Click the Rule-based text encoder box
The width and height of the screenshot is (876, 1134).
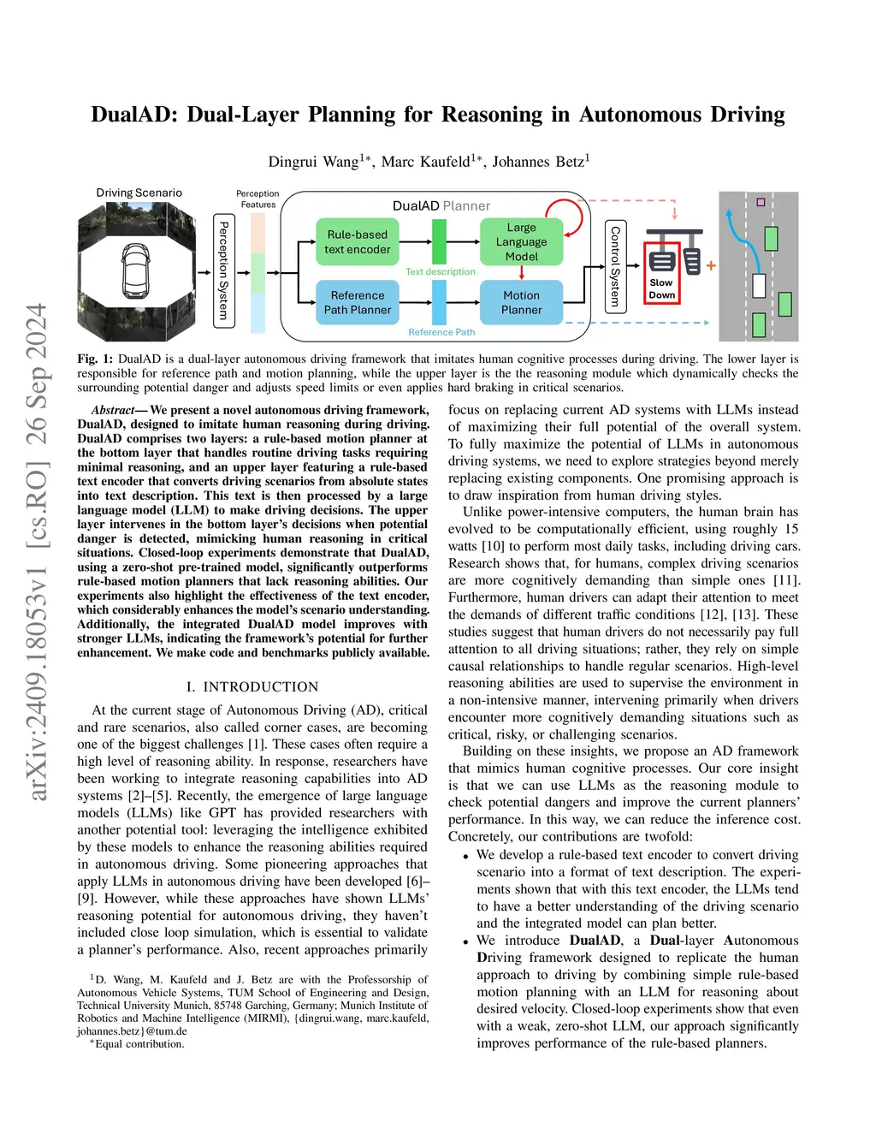click(x=358, y=242)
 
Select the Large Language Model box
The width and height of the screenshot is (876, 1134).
click(x=521, y=242)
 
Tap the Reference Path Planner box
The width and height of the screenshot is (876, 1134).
click(x=358, y=302)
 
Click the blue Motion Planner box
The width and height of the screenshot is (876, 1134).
click(x=521, y=302)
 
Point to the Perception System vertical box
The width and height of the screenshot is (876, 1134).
click(x=223, y=270)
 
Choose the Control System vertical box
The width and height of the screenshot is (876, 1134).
click(x=614, y=266)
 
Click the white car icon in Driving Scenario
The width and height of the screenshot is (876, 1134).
click(x=136, y=269)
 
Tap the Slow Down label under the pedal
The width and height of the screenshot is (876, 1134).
click(x=661, y=289)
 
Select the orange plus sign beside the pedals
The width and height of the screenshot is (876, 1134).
click(x=711, y=266)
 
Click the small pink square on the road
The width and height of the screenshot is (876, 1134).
click(x=761, y=203)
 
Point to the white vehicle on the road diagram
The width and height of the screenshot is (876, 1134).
click(x=758, y=285)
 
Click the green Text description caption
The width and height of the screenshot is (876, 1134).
click(x=440, y=272)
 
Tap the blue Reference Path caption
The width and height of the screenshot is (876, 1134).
click(x=441, y=332)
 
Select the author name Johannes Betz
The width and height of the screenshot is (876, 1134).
click(x=541, y=162)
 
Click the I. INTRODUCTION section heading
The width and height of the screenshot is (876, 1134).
click(x=252, y=686)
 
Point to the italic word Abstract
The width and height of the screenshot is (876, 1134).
click(x=113, y=410)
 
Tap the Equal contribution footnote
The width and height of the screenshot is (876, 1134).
click(x=139, y=1044)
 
